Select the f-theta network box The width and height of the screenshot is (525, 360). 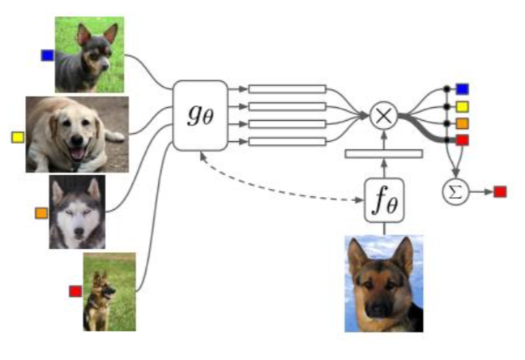tap(383, 197)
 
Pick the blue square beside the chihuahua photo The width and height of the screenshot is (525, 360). tap(47, 55)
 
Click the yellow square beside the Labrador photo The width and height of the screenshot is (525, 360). tap(17, 137)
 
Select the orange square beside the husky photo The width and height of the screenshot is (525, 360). tap(41, 213)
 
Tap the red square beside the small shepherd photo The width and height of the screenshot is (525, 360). tap(75, 290)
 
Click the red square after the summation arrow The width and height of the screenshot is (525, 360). tap(500, 191)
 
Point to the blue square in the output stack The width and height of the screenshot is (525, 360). tap(463, 88)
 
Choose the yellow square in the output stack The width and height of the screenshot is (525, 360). tap(463, 106)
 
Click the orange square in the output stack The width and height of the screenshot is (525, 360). tap(463, 123)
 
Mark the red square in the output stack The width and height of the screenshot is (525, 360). tap(463, 140)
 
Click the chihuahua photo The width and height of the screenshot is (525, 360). tap(89, 54)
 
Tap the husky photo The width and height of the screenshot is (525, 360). tap(78, 212)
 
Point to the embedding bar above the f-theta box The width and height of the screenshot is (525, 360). tap(383, 153)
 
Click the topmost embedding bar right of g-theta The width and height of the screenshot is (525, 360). tap(287, 88)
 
